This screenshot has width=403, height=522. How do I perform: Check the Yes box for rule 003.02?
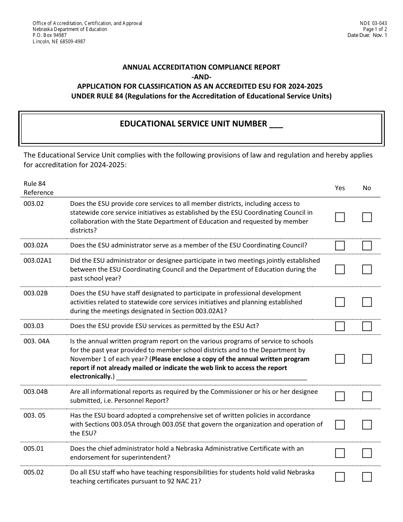340,217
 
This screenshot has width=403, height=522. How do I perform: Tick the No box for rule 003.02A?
367,246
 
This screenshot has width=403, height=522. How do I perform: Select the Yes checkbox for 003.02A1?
340,269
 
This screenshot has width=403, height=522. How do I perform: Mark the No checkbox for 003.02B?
367,302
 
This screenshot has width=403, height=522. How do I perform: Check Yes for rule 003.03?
340,326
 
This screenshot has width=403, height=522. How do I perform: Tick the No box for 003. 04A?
367,359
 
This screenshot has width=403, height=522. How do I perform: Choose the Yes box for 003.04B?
340,396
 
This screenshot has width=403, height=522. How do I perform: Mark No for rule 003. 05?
367,425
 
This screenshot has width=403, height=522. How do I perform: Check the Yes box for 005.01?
340,453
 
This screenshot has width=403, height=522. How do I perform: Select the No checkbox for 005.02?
367,477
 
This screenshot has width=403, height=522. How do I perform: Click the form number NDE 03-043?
373,23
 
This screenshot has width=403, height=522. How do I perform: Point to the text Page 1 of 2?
375,29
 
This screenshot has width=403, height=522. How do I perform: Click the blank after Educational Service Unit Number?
276,124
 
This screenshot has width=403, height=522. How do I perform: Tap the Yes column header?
340,188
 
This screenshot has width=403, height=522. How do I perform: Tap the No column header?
367,188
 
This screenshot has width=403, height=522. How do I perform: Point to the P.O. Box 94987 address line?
50,36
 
